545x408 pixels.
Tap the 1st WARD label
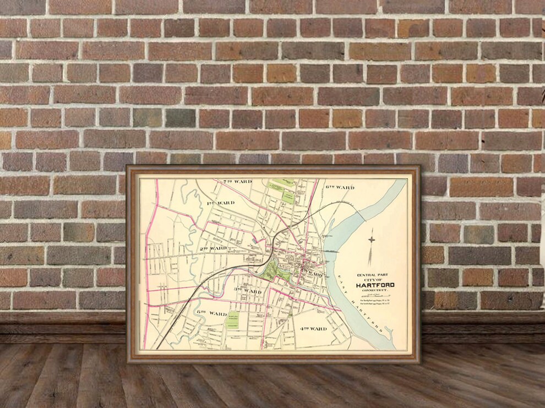tap(220, 203)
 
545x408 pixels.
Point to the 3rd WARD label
tap(248, 290)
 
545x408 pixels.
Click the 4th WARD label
tap(313, 329)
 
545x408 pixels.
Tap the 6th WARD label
tap(340, 187)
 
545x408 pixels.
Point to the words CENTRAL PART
tap(374, 275)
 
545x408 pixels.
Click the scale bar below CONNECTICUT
tap(375, 295)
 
